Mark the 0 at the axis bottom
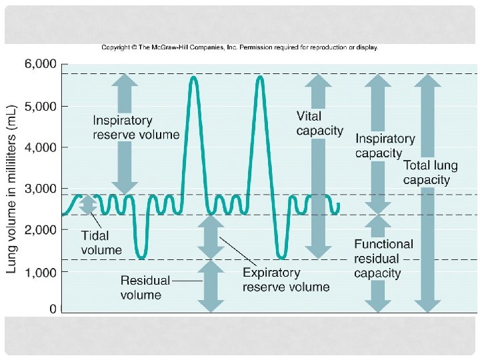[x=53, y=309]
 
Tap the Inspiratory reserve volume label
[x=135, y=127]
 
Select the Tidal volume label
[x=101, y=243]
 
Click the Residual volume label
[x=145, y=287]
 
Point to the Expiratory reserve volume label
[x=285, y=279]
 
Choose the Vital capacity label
[x=319, y=123]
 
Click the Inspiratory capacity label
[x=385, y=146]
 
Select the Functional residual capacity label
[x=383, y=259]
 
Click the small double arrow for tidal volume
[x=87, y=205]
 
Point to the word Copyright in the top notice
[x=115, y=47]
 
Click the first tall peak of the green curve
[x=193, y=78]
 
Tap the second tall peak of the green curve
[x=259, y=78]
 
